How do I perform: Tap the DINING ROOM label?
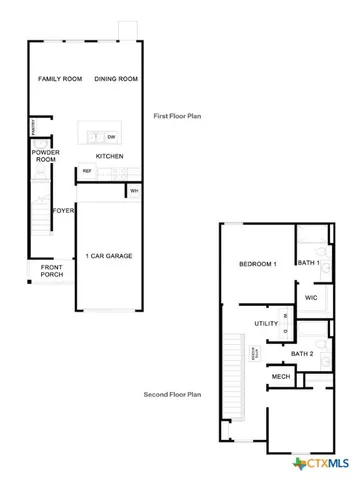pyautogui.click(x=115, y=78)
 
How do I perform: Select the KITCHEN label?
pyautogui.click(x=109, y=157)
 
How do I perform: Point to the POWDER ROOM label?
pyautogui.click(x=45, y=156)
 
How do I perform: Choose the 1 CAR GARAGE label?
pyautogui.click(x=109, y=255)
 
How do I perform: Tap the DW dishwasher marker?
pyautogui.click(x=111, y=136)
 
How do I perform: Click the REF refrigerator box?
pyautogui.click(x=87, y=171)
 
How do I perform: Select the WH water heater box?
pyautogui.click(x=133, y=190)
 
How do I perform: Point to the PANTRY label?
pyautogui.click(x=33, y=126)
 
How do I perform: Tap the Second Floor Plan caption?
pyautogui.click(x=172, y=394)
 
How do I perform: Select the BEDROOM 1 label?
pyautogui.click(x=257, y=264)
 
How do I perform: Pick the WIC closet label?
pyautogui.click(x=311, y=297)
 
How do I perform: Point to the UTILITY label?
pyautogui.click(x=266, y=324)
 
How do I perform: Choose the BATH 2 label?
pyautogui.click(x=302, y=354)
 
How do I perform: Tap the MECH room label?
pyautogui.click(x=281, y=377)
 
